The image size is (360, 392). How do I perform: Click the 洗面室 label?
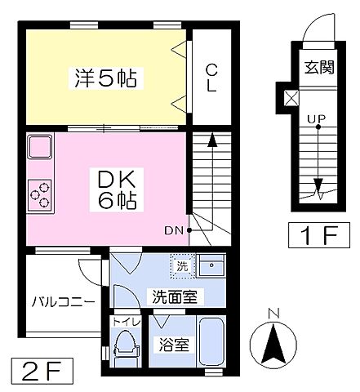coord(171,296)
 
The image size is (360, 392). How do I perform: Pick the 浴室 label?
coord(173,345)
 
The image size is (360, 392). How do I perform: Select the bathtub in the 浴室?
coord(211,342)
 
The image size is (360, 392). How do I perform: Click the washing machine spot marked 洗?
coord(181,265)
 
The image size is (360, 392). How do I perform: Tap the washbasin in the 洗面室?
coord(211,265)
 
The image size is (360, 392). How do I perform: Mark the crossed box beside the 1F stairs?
coord(289,98)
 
